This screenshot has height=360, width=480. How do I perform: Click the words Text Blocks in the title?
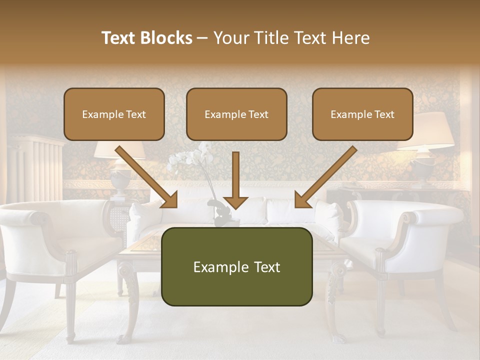tap(146, 38)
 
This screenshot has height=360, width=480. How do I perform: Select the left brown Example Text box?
tap(114, 114)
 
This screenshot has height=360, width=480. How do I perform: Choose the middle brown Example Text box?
tap(236, 114)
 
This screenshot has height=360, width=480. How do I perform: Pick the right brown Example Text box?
tap(362, 114)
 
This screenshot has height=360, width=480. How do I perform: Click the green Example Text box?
tap(236, 266)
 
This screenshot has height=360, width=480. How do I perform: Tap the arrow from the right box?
tap(324, 178)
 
